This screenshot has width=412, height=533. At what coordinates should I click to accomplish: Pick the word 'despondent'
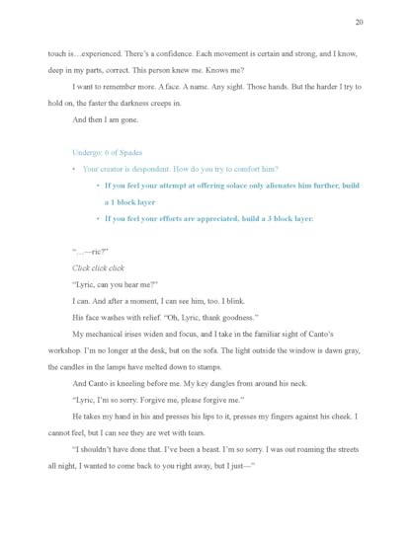[165, 169]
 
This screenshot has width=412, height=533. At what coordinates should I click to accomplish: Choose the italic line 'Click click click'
[98, 267]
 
